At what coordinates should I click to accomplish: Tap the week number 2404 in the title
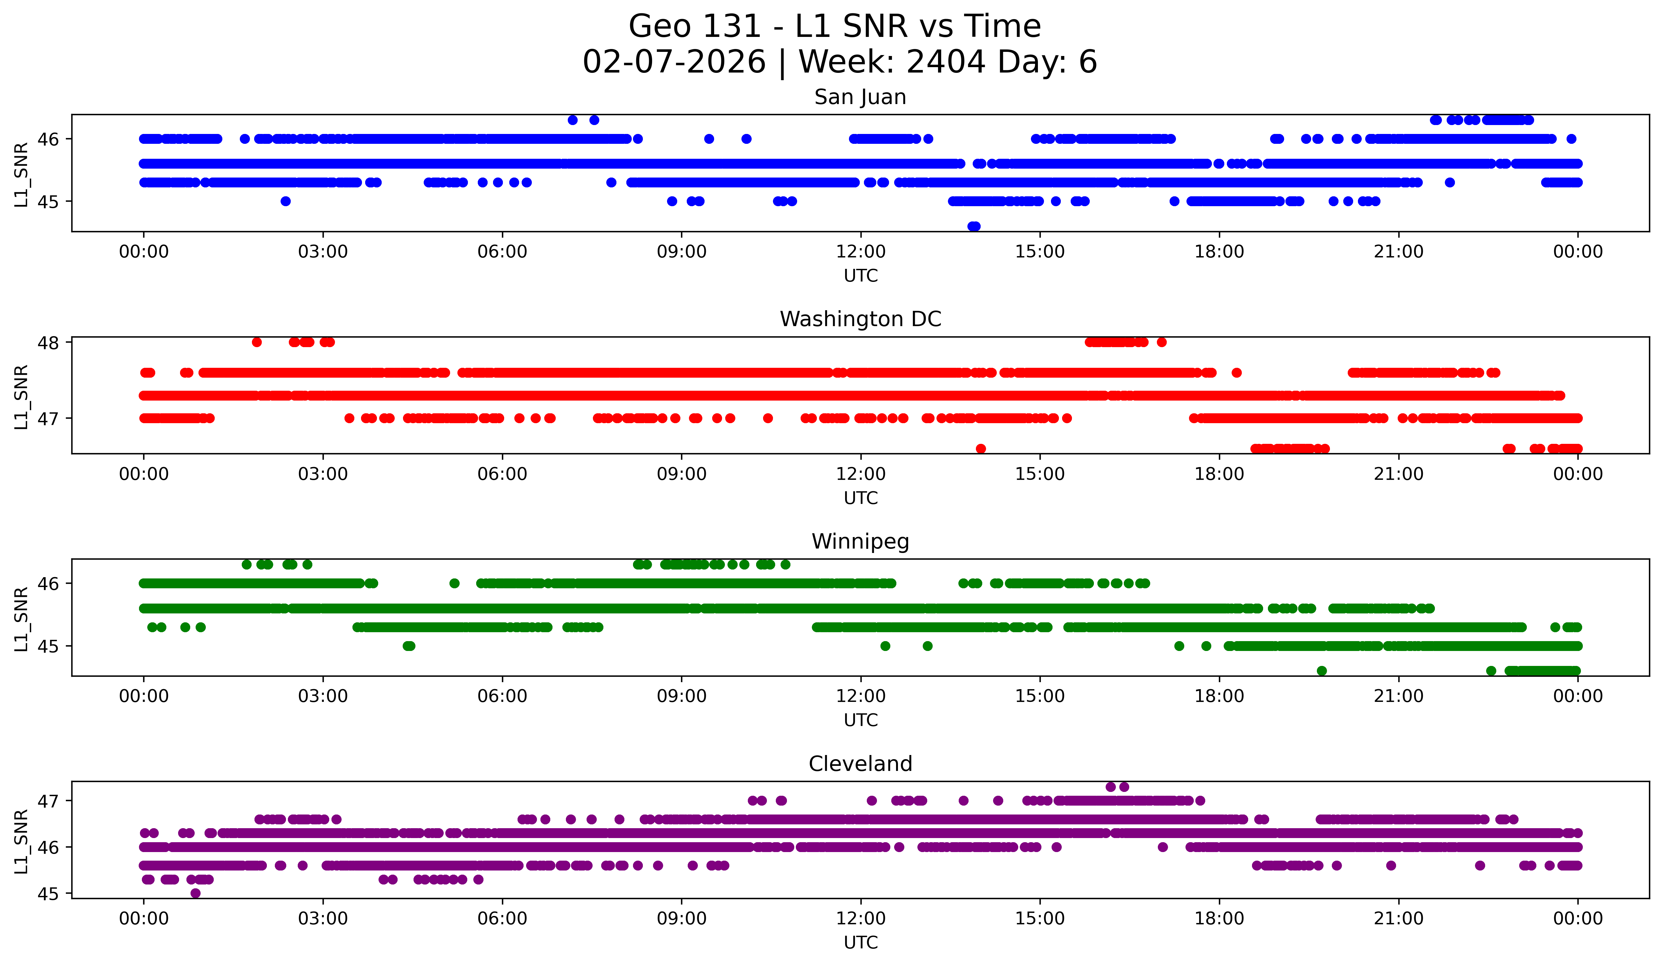pyautogui.click(x=945, y=62)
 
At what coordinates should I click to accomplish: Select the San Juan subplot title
pyautogui.click(x=860, y=97)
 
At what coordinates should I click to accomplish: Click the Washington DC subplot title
pyautogui.click(x=860, y=319)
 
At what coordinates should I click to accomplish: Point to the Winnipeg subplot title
pyautogui.click(x=860, y=542)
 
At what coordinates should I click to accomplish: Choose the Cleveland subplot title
pyautogui.click(x=860, y=764)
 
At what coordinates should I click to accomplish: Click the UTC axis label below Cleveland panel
pyautogui.click(x=860, y=943)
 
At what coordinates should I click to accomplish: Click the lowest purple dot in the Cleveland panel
pyautogui.click(x=195, y=893)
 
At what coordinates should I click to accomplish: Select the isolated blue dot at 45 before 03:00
pyautogui.click(x=286, y=201)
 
